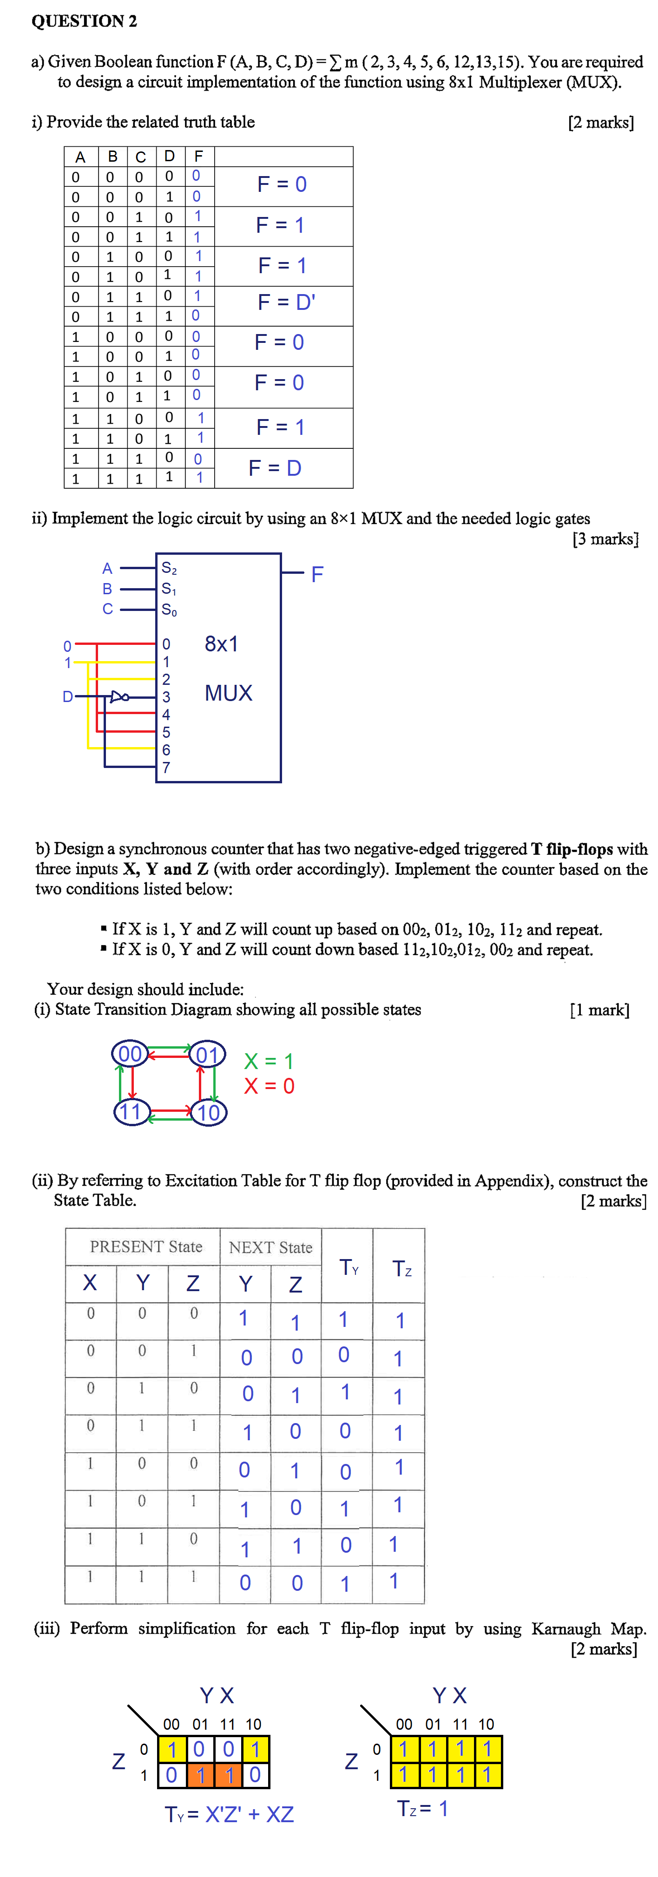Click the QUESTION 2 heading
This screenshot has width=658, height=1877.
click(84, 21)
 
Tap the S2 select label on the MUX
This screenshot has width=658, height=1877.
click(169, 568)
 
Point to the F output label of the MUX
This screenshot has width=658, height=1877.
click(317, 575)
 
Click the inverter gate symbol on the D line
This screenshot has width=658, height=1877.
click(119, 696)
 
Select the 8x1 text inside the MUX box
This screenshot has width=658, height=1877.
click(222, 644)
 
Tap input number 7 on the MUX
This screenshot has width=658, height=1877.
click(166, 767)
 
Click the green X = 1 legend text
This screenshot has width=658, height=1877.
click(268, 1061)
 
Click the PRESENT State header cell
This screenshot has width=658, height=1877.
click(146, 1247)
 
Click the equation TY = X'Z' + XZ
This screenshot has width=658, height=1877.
click(229, 1814)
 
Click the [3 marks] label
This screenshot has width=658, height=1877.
click(605, 539)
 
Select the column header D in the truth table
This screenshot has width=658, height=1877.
click(169, 156)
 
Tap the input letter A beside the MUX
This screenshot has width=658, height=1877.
click(107, 568)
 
